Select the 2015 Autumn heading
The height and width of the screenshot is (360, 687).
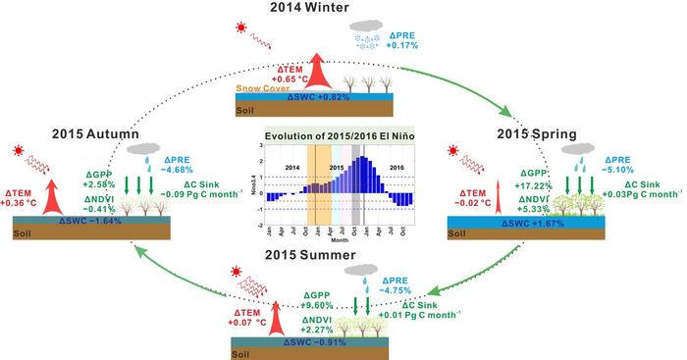tap(76, 133)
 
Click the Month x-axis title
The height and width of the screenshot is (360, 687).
tap(339, 238)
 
